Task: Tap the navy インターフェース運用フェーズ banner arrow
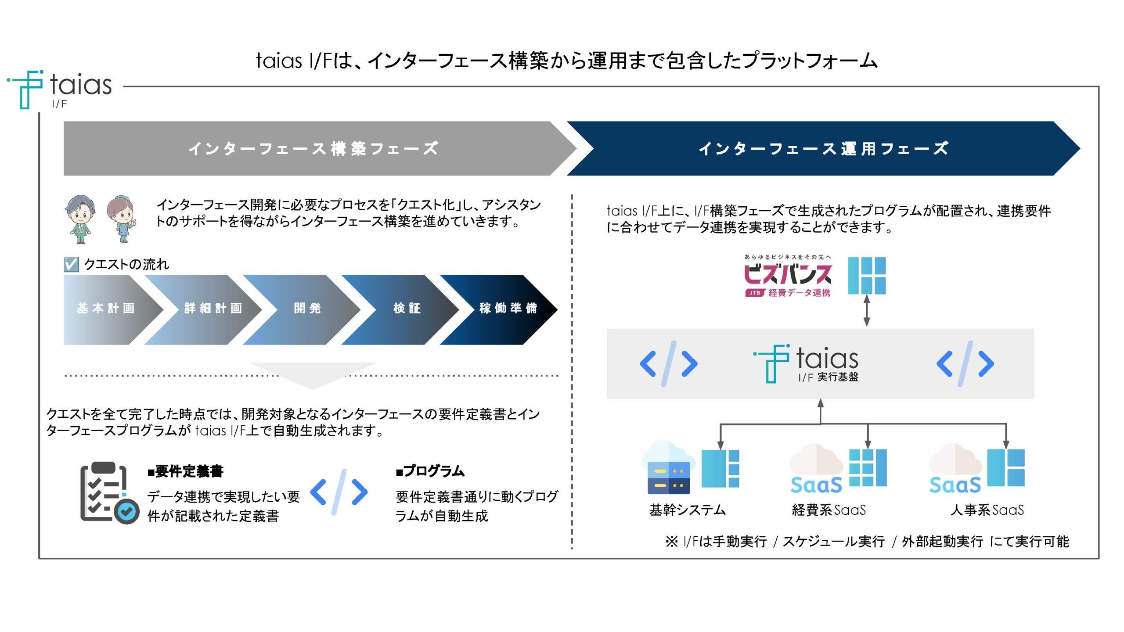coord(823,148)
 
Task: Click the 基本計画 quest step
coord(106,309)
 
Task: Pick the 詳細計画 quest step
coord(213,309)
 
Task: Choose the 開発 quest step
coord(307,309)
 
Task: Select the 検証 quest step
coord(407,309)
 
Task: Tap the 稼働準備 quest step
coord(508,309)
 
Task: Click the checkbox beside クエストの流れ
coord(71,264)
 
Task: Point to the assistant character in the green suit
coord(80,219)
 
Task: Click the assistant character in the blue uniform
coord(122,219)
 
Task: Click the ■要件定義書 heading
coord(186,471)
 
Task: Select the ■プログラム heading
coord(430,471)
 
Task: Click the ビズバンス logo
coord(788,276)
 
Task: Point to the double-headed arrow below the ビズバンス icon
coord(867,310)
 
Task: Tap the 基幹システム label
coord(688,510)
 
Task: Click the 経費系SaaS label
coord(829,510)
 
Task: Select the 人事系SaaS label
coord(987,510)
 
